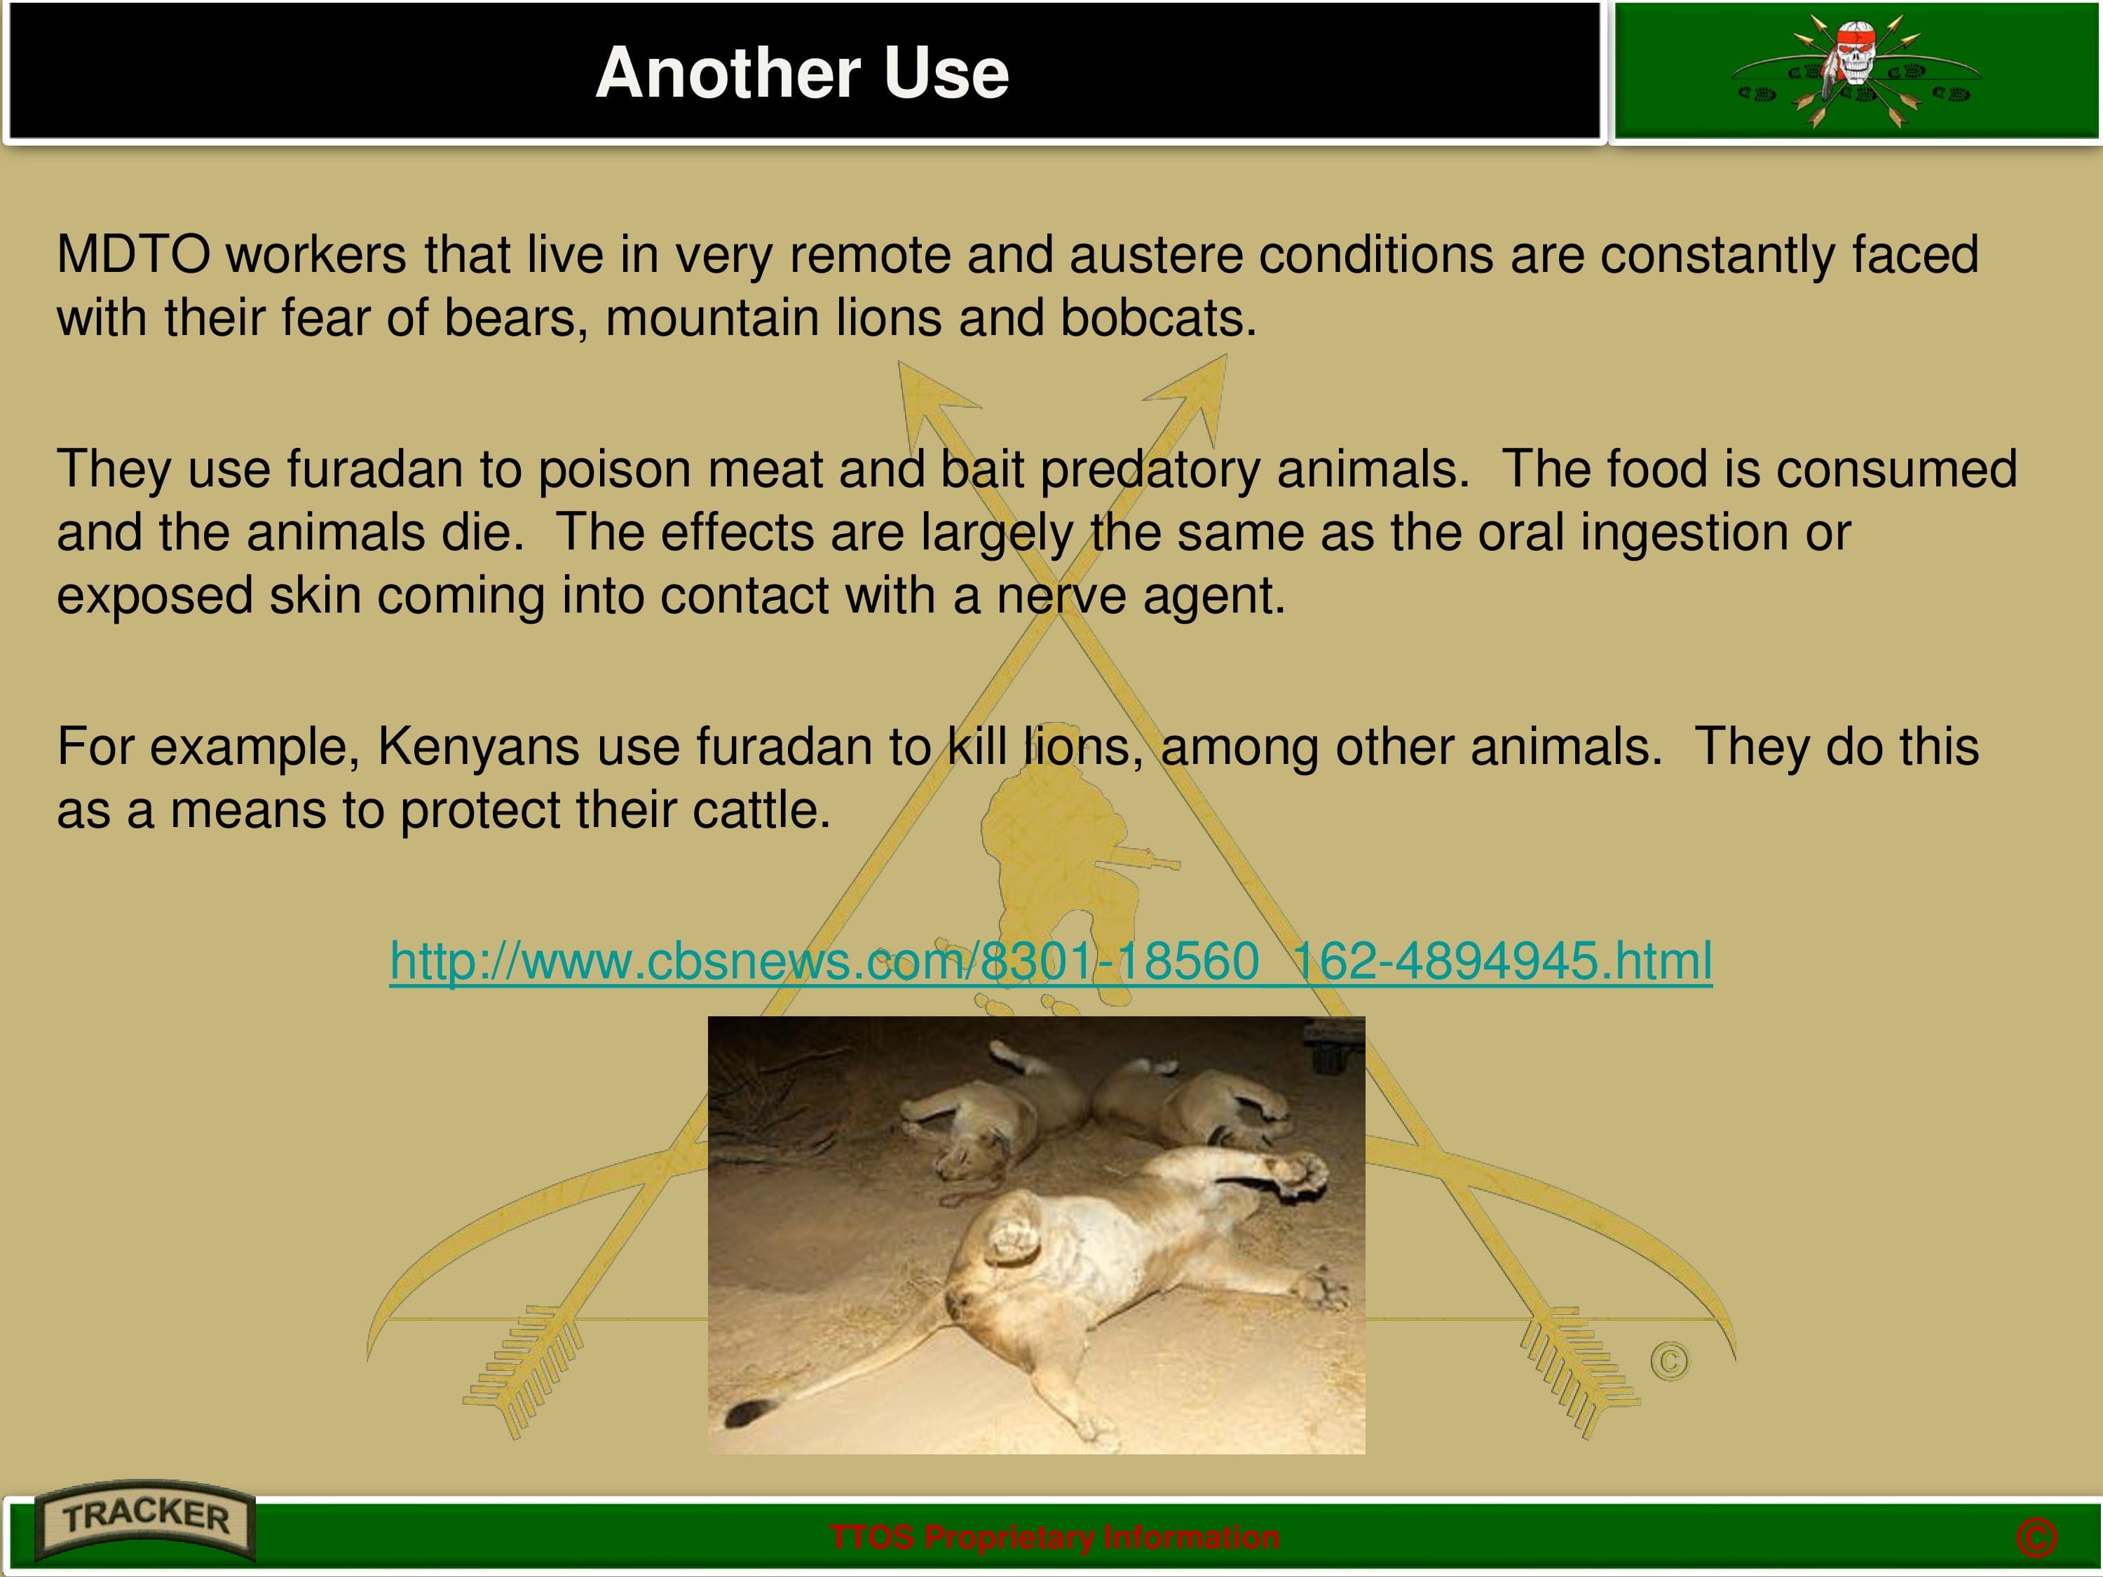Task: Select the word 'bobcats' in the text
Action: click(x=1158, y=318)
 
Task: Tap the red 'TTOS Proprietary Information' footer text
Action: click(x=1054, y=1538)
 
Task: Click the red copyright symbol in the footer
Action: click(x=2036, y=1538)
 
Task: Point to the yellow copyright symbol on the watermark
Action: click(x=1670, y=1361)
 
